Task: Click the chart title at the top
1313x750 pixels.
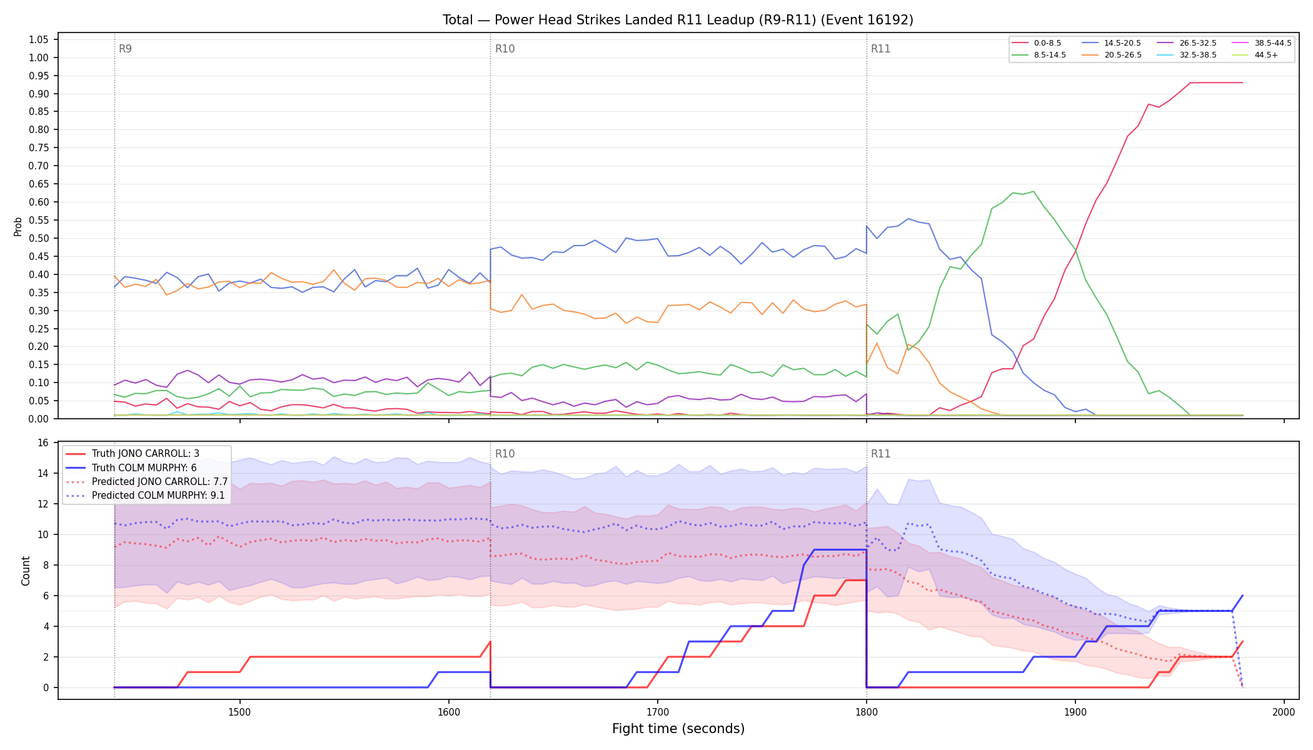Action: pos(678,20)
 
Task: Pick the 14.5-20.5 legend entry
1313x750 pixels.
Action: pos(1111,43)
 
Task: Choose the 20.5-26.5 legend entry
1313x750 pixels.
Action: pos(1111,55)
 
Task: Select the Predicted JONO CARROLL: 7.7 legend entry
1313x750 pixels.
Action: pos(147,481)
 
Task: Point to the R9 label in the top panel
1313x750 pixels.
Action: pos(125,49)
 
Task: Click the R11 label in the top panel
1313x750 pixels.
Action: pos(880,49)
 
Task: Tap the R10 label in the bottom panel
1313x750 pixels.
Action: pos(505,454)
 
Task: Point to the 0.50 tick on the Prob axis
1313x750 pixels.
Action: pos(38,238)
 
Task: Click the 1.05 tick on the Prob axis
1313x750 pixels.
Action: pos(38,39)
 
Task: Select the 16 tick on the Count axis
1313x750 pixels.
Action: pos(43,442)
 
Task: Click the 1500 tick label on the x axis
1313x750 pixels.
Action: pos(239,712)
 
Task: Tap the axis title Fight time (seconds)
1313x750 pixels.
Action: pos(678,729)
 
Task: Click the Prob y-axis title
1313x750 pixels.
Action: pos(18,226)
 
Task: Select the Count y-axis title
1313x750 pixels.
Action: pos(26,571)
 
